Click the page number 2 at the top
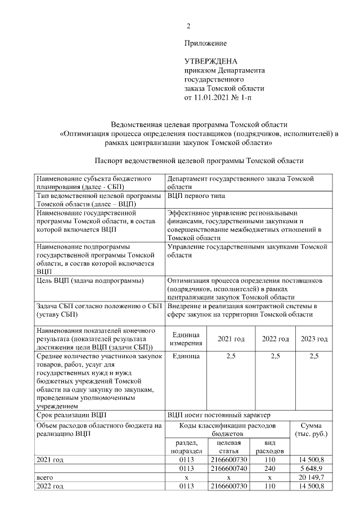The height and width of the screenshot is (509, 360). (189, 26)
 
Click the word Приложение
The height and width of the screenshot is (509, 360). (205, 43)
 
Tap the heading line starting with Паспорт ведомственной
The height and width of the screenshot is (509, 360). (200, 160)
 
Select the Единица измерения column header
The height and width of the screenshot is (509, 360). (183, 339)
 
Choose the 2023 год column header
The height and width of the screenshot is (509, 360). (314, 339)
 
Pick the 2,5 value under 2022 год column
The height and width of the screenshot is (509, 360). (275, 356)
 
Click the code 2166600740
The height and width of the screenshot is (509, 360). (229, 468)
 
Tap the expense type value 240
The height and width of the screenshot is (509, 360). (269, 468)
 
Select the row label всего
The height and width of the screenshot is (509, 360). (44, 476)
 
